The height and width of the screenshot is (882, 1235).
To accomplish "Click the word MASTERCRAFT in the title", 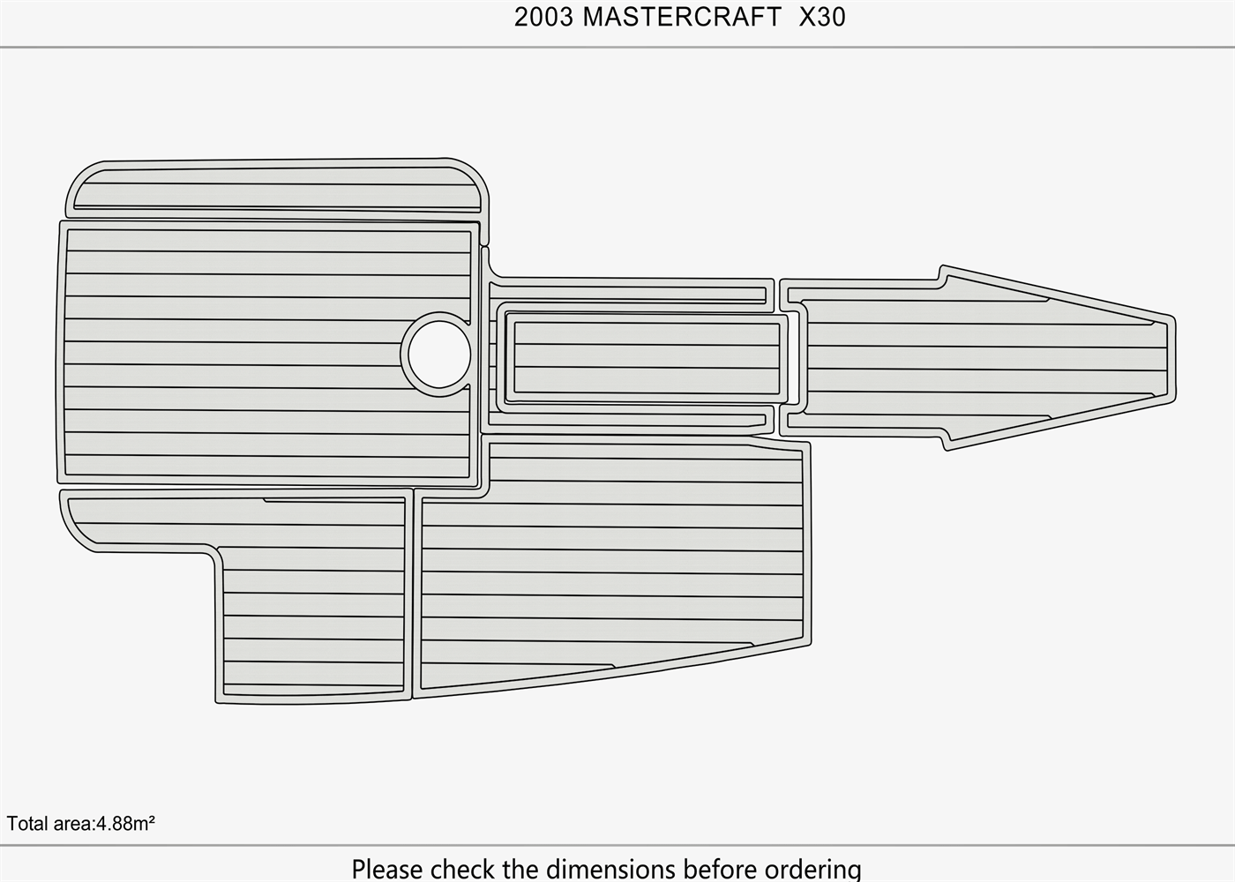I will (681, 17).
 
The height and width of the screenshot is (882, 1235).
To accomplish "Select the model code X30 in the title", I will (822, 17).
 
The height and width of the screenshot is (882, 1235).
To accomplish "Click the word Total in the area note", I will (27, 824).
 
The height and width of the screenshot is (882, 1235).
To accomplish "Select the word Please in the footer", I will (387, 869).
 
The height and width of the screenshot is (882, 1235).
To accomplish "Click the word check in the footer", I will (463, 869).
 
